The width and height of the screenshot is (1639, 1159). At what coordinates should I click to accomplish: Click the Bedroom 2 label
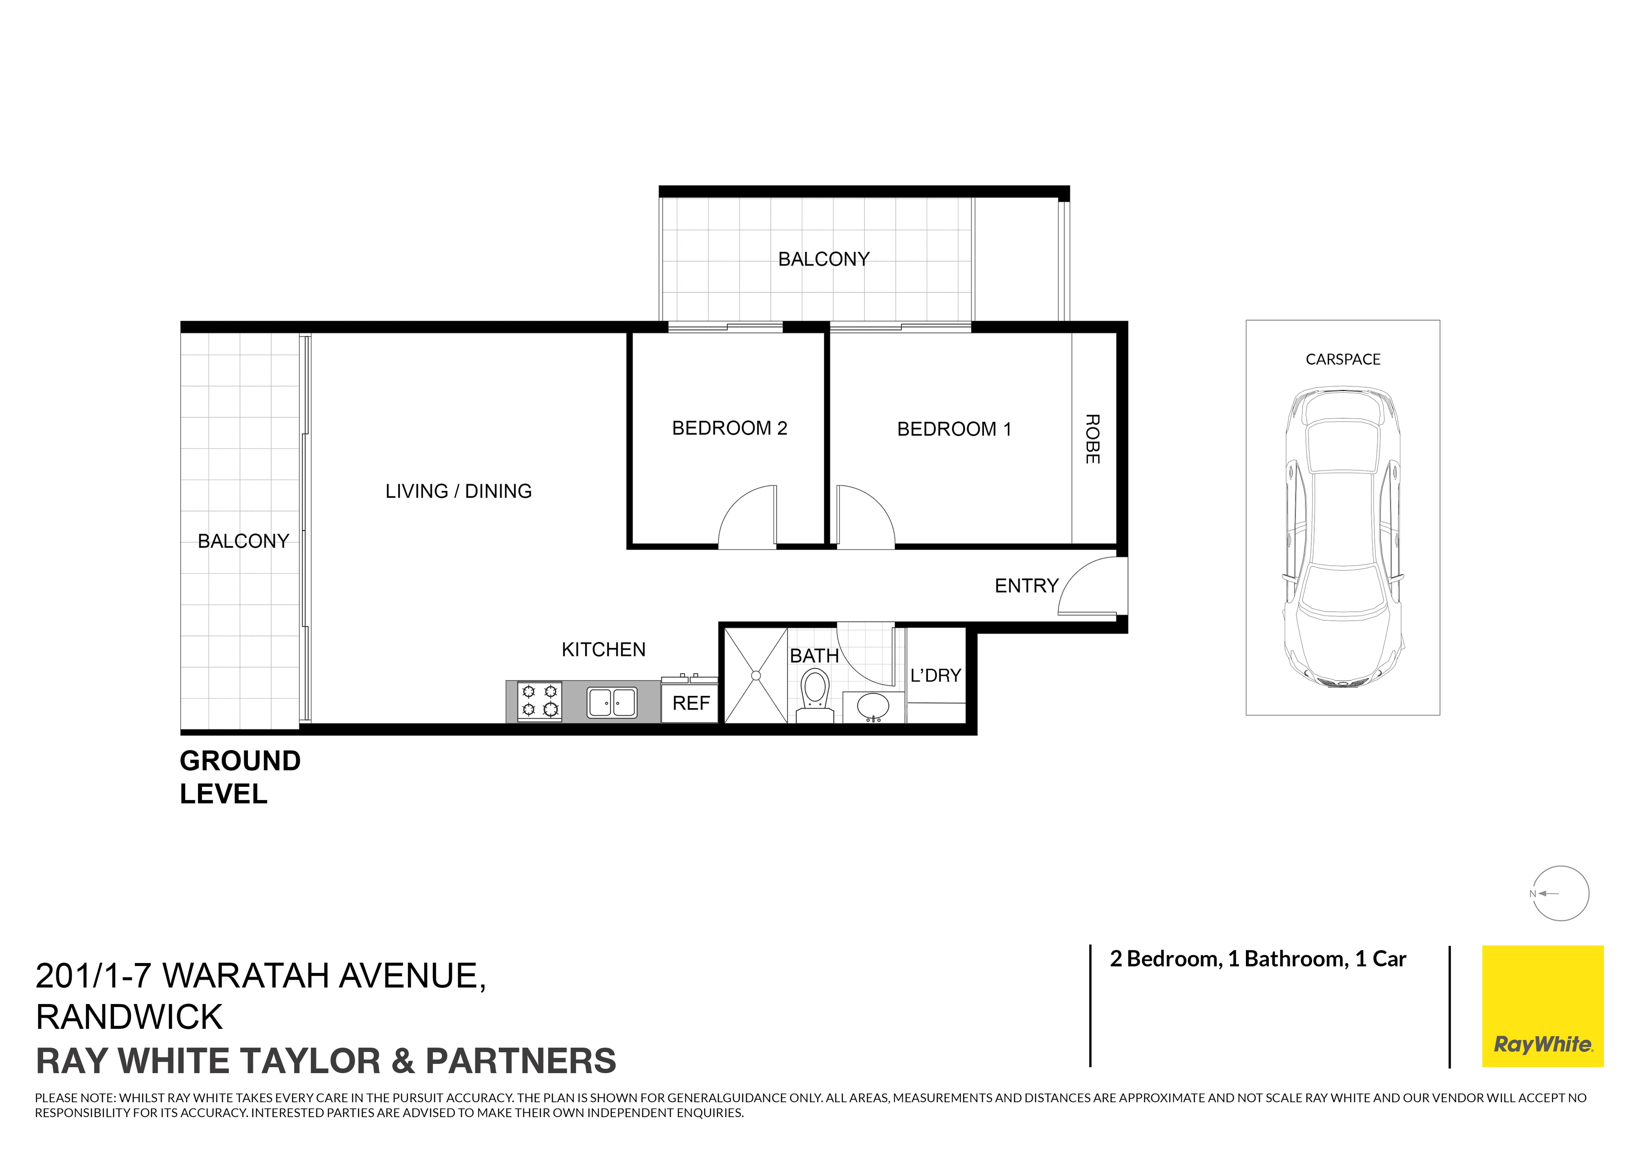click(x=729, y=429)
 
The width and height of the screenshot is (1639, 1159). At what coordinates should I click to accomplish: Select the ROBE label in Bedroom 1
click(x=1092, y=439)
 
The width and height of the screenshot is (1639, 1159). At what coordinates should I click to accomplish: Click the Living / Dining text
click(x=458, y=491)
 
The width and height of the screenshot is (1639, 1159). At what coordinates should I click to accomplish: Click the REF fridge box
click(x=690, y=704)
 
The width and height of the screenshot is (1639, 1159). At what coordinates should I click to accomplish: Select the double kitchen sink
click(x=612, y=702)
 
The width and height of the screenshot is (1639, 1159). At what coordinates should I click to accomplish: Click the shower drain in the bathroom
click(x=756, y=675)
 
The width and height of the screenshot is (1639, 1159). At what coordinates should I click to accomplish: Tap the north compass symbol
click(x=1560, y=893)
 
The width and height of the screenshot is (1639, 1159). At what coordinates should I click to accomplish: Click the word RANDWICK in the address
click(x=129, y=1017)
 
